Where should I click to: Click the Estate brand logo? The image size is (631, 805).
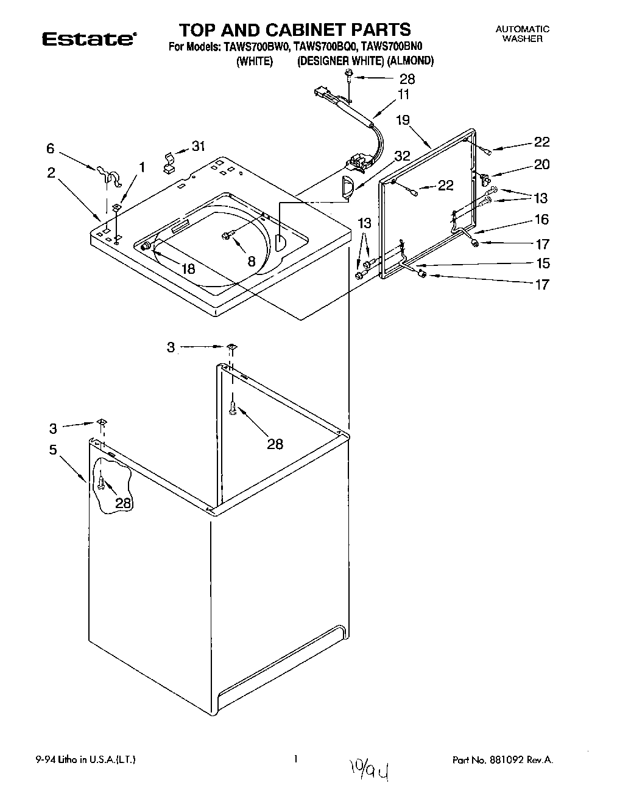pos(88,39)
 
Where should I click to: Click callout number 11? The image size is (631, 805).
pos(404,94)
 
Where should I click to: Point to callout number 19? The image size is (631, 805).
pos(403,120)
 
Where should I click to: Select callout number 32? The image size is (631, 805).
pos(402,155)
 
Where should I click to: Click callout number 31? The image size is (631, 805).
pos(199,146)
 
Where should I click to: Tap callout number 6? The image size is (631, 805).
pos(51,148)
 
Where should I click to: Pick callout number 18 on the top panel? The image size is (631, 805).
pos(188,268)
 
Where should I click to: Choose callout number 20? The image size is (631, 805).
pos(541,164)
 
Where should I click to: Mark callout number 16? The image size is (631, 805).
pos(541,219)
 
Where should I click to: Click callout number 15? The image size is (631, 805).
pos(541,263)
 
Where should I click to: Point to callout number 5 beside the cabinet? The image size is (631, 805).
pos(53,450)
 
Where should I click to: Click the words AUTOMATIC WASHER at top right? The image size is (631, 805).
pos(522,33)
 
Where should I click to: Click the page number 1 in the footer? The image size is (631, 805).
pos(295,759)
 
